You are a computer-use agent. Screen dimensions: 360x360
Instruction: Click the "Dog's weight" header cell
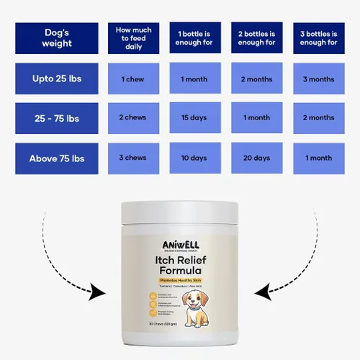tap(57, 38)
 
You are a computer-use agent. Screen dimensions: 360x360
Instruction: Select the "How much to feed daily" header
tap(134, 38)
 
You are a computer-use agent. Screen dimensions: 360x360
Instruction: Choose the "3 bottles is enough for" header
tap(318, 38)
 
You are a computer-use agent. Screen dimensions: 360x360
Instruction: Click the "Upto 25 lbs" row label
tap(57, 78)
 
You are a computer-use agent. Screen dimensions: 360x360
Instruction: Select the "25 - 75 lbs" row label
tap(57, 118)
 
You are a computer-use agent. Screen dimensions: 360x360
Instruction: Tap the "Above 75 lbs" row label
tap(57, 158)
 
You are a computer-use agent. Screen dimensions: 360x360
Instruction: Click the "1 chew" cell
tap(134, 78)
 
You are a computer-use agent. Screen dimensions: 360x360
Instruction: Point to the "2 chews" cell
tap(134, 118)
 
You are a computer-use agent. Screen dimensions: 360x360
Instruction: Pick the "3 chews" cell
tap(134, 158)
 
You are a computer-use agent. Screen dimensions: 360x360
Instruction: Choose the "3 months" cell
tap(318, 78)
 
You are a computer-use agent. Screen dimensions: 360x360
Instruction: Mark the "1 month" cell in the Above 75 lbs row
tap(318, 158)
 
